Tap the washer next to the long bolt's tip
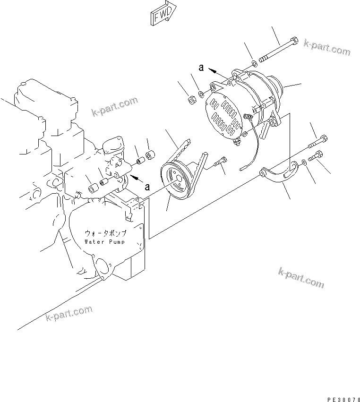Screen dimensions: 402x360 (254, 62)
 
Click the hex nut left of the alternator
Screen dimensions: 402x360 (193, 99)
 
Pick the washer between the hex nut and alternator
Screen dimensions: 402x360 (202, 94)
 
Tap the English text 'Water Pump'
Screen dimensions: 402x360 (105, 242)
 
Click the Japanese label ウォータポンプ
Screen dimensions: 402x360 (105, 233)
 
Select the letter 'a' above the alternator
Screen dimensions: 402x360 (201, 68)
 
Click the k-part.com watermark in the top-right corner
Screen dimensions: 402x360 (327, 47)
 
